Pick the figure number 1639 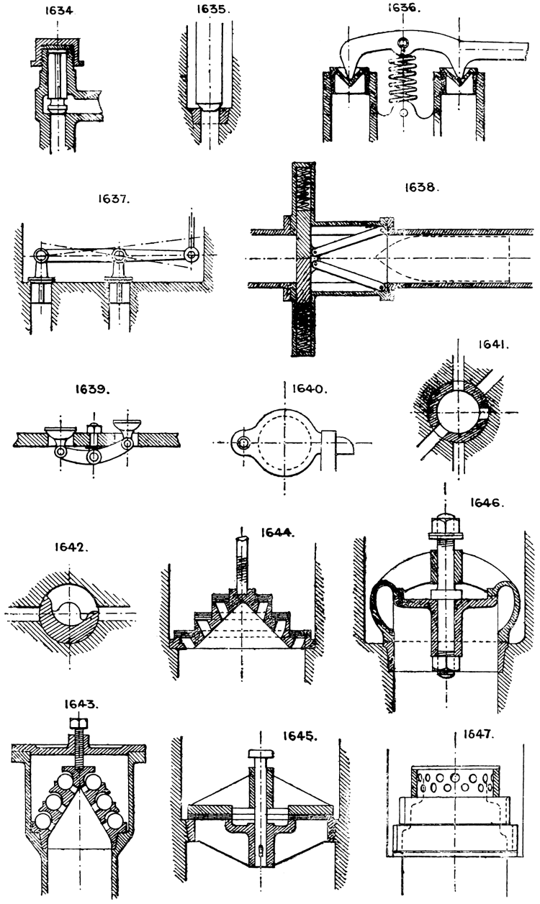(x=92, y=389)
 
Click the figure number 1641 (x=494, y=345)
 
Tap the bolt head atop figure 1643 (x=77, y=722)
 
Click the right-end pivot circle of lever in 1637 (x=191, y=253)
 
